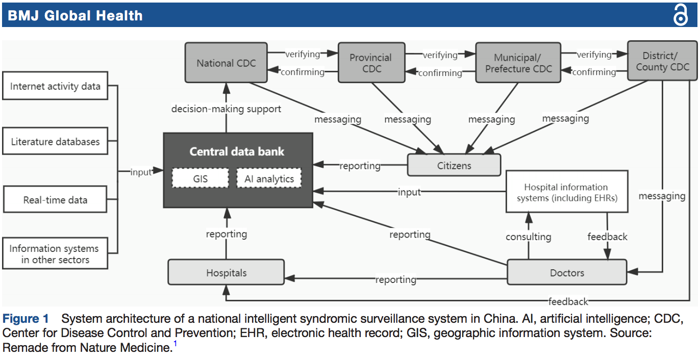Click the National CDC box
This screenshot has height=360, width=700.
click(226, 63)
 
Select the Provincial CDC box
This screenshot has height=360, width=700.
click(371, 63)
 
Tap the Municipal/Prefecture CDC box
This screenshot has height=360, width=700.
click(518, 63)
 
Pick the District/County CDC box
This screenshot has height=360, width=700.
click(662, 61)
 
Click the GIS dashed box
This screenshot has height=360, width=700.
click(201, 178)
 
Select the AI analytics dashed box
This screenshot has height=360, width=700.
click(269, 178)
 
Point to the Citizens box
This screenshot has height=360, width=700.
click(454, 165)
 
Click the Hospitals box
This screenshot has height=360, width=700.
click(226, 272)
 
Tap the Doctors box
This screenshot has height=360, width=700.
click(567, 272)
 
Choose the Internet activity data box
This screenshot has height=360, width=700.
click(55, 86)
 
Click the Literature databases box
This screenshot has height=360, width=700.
click(55, 141)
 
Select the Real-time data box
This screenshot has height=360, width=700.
click(55, 199)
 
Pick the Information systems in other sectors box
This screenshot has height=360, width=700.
click(55, 253)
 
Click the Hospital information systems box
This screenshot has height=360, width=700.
click(567, 192)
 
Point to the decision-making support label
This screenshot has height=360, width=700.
click(226, 109)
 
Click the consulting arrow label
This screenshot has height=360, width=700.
click(529, 237)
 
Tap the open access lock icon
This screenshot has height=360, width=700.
click(681, 15)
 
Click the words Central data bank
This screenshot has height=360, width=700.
click(237, 151)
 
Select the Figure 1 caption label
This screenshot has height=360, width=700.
click(26, 319)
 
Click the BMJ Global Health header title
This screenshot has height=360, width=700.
click(75, 15)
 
